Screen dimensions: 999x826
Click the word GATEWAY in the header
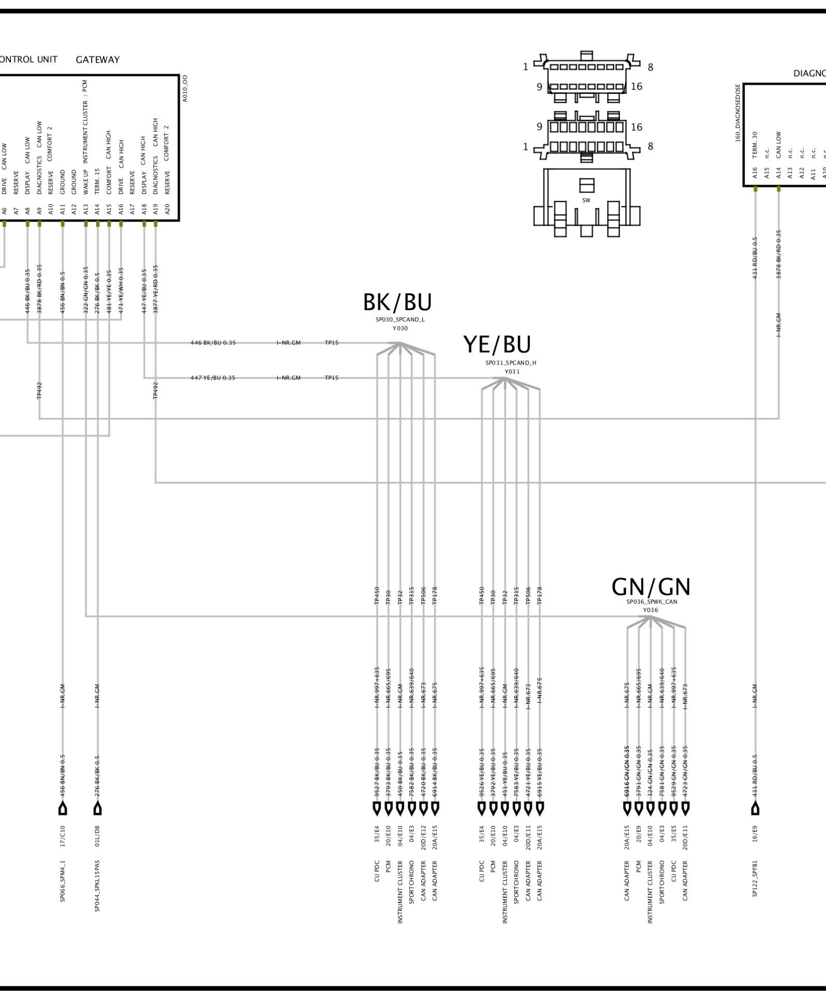pyautogui.click(x=98, y=60)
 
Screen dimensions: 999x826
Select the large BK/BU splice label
pyautogui.click(x=397, y=302)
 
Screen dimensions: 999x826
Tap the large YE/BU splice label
pyautogui.click(x=497, y=345)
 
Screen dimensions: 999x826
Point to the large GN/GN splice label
pyautogui.click(x=651, y=587)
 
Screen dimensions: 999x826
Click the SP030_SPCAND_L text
pyautogui.click(x=400, y=320)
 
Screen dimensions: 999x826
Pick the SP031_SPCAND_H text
pyautogui.click(x=511, y=363)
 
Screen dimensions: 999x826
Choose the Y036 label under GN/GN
pyautogui.click(x=650, y=610)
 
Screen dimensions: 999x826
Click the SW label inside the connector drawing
pyautogui.click(x=586, y=200)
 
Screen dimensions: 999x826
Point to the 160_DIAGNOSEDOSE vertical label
pyautogui.click(x=737, y=113)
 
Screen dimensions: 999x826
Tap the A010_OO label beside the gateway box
pyautogui.click(x=185, y=88)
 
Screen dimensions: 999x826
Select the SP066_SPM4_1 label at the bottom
pyautogui.click(x=63, y=881)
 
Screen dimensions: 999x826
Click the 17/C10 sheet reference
pyautogui.click(x=63, y=837)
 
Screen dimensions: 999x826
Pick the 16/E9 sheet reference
pyautogui.click(x=755, y=837)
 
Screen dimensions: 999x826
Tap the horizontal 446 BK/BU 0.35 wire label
pyautogui.click(x=213, y=343)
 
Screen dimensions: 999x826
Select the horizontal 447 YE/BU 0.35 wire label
pyautogui.click(x=213, y=378)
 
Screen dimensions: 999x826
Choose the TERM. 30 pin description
pyautogui.click(x=755, y=145)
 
